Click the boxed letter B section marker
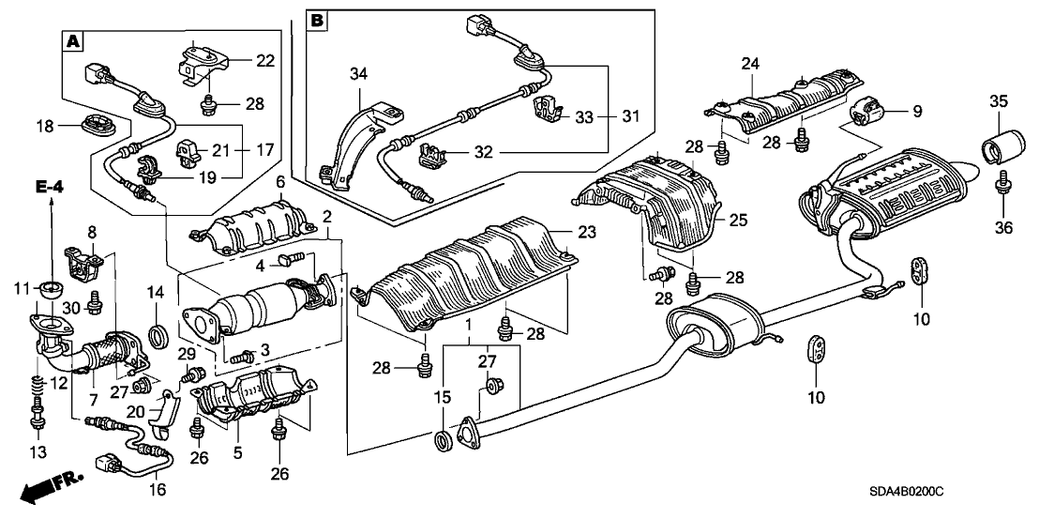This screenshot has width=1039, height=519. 317,20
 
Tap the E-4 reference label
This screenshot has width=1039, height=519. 51,190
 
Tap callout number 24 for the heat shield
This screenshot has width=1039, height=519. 749,64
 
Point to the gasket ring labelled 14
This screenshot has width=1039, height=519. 160,332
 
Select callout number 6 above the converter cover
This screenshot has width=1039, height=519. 279,181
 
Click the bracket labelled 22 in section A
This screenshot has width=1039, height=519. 199,64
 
